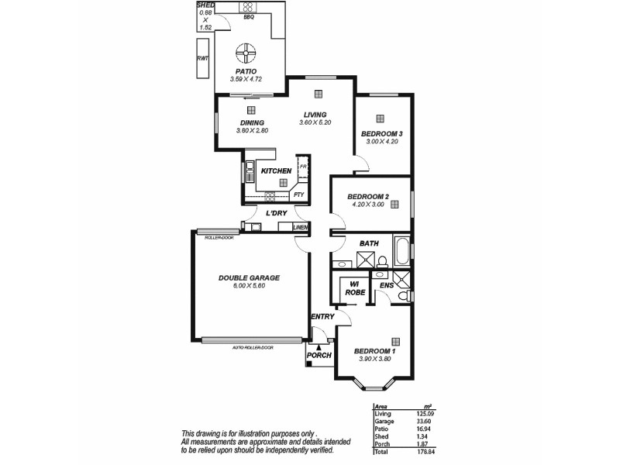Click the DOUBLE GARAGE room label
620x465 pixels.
[x=248, y=277]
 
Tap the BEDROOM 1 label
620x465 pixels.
[x=374, y=351]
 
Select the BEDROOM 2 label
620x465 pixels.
[x=367, y=196]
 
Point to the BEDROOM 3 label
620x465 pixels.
[x=381, y=133]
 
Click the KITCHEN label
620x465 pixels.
[x=276, y=170]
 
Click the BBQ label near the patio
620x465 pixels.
[x=249, y=17]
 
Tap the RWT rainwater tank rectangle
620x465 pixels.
[x=203, y=58]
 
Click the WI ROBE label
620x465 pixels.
[x=355, y=288]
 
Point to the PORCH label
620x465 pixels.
[x=319, y=356]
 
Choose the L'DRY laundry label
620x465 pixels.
[x=277, y=213]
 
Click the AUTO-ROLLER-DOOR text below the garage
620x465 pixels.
[x=252, y=347]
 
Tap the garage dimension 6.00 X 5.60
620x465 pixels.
[x=249, y=286]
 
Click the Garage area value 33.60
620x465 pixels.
[x=423, y=422]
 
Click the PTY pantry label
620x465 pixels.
[x=298, y=195]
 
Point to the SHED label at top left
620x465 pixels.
[x=205, y=5]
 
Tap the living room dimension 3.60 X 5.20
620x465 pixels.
[x=315, y=122]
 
